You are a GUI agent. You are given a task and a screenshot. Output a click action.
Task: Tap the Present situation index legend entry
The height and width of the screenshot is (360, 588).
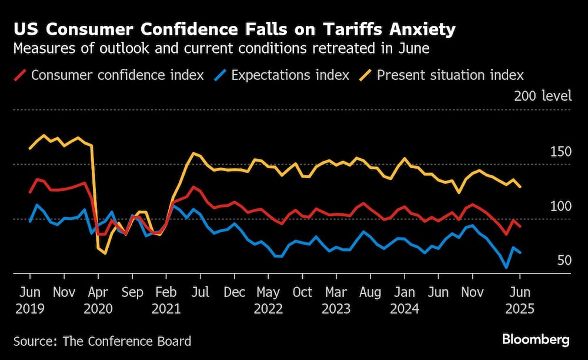tap(450, 75)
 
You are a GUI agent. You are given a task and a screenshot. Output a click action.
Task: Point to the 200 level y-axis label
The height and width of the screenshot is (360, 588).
tap(542, 96)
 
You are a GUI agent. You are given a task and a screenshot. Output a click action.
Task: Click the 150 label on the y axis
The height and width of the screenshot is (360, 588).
tap(560, 152)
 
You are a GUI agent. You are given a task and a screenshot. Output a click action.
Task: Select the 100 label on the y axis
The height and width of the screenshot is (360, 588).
tap(560, 206)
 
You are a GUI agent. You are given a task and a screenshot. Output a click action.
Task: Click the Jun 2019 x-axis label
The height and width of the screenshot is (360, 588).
tap(29, 300)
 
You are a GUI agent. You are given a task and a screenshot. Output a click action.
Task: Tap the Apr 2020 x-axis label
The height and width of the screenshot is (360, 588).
tap(98, 300)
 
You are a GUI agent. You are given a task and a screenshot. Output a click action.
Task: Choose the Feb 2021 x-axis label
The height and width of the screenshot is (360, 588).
tap(166, 300)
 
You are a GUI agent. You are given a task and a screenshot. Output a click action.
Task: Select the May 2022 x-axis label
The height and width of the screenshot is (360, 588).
tap(268, 300)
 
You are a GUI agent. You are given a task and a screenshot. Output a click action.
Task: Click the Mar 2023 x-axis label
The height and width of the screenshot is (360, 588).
tap(336, 300)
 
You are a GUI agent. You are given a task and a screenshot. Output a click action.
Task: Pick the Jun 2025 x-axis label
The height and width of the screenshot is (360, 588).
tap(520, 300)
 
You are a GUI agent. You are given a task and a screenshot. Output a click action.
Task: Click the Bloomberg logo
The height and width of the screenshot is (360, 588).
tap(536, 339)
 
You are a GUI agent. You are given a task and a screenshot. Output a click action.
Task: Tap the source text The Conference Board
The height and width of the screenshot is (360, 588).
tap(102, 341)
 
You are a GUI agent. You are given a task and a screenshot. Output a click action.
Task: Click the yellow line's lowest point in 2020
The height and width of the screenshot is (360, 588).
tap(105, 253)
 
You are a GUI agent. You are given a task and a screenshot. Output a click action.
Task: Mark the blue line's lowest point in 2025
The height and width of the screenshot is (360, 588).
tap(506, 268)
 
